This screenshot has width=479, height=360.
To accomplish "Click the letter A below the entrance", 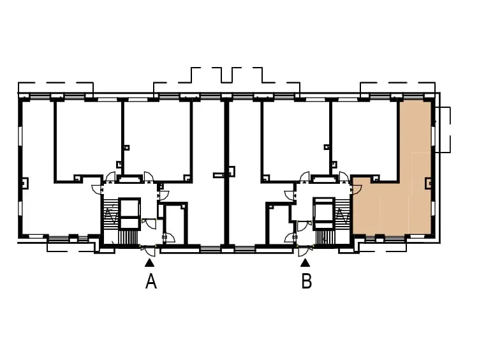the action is (x=151, y=281).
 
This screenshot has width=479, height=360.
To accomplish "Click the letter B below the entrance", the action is (x=306, y=281).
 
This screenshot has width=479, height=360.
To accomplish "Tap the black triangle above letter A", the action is (x=149, y=262).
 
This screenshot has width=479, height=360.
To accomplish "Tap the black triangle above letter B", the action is (x=305, y=262).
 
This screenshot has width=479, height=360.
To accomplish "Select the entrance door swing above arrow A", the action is (x=150, y=251).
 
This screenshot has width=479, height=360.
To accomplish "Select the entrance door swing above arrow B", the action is (x=304, y=251).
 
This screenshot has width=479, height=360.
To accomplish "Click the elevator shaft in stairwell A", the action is (x=129, y=213).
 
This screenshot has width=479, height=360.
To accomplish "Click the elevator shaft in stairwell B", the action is (x=323, y=213).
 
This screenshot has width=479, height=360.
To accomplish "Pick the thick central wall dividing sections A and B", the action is (x=226, y=173).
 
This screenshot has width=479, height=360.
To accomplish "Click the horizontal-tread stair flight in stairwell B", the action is (x=343, y=210).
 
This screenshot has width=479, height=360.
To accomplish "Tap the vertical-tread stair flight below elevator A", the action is (x=128, y=237).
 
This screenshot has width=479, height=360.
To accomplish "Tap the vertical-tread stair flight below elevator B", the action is (x=325, y=237).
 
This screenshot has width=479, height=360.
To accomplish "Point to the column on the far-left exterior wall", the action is (x=24, y=183).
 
